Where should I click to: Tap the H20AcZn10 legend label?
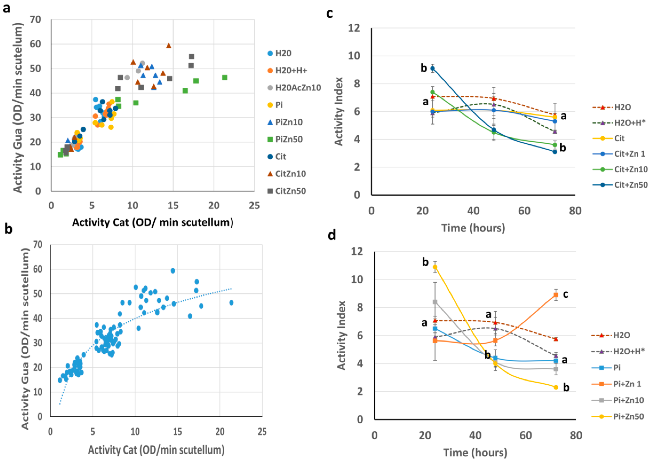pyautogui.click(x=298, y=88)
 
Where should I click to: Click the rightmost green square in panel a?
pyautogui.click(x=225, y=78)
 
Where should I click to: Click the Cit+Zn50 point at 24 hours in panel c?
pyautogui.click(x=432, y=68)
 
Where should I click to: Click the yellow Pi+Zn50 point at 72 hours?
pyautogui.click(x=556, y=387)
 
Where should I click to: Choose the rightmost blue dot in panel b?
pyautogui.click(x=231, y=303)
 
